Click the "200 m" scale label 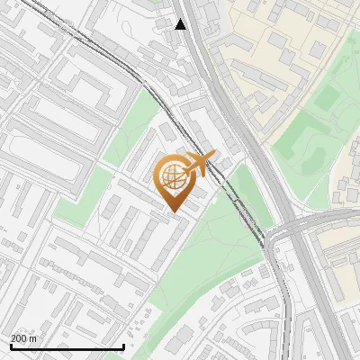coord(24,338)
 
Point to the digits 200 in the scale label coord(20,338)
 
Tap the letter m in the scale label coord(33,339)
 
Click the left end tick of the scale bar coord(10,345)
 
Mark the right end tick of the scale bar coord(123,345)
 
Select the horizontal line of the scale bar coord(67,346)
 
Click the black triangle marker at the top coord(181,24)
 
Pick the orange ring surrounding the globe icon coord(158,178)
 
